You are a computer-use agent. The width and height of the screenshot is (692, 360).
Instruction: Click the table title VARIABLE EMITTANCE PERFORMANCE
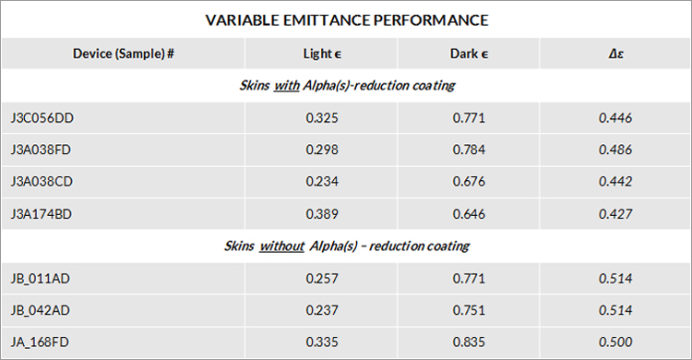coord(347,20)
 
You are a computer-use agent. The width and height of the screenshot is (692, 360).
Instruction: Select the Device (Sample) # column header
coord(124,54)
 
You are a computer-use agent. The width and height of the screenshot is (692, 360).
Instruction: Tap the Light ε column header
coord(322,54)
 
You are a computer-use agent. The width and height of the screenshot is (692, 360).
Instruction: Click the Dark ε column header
coord(469,54)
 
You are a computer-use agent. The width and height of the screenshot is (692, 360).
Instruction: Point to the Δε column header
coord(615,54)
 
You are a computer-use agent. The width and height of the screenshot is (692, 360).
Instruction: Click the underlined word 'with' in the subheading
coord(287,85)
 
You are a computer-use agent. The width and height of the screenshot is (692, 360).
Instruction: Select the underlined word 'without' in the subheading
coord(282,246)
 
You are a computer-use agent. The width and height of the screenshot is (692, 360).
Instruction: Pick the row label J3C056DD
coord(42,118)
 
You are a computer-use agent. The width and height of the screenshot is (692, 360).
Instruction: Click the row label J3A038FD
coord(41,150)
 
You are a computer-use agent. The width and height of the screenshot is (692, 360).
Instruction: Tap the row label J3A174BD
coord(41,214)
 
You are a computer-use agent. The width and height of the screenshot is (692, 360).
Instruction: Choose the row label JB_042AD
coord(41,310)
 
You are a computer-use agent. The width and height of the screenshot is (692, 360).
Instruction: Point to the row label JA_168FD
coord(40,342)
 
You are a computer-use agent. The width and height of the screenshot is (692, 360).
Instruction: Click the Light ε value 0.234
coord(322,182)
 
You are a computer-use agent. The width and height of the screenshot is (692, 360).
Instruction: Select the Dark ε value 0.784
coord(469,150)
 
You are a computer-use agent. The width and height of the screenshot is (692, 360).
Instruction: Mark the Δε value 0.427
coord(615,214)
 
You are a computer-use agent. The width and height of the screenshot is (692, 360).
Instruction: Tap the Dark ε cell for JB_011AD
coord(469,279)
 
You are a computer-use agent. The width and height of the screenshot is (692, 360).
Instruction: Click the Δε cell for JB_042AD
coord(615,310)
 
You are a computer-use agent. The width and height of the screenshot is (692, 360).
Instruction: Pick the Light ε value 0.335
coord(322,342)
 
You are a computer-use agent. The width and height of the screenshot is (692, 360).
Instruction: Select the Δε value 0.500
coord(615,342)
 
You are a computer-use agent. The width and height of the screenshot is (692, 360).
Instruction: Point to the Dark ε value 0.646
coord(469,214)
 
